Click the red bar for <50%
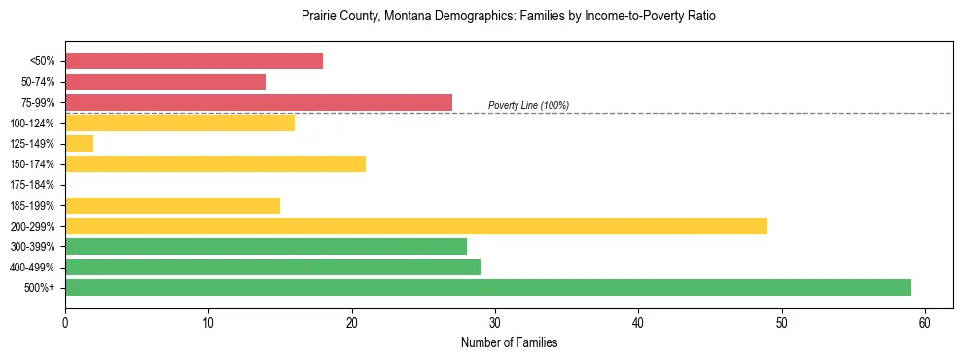[x=194, y=61]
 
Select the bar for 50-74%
[x=165, y=82]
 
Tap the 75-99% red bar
[x=259, y=102]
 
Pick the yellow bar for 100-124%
[x=180, y=123]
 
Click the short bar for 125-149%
[x=80, y=144]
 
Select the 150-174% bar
[x=215, y=164]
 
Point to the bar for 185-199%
[x=172, y=205]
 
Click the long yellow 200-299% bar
[x=416, y=226]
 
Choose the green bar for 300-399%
[x=266, y=246]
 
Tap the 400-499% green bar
[x=272, y=267]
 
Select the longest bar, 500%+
[x=488, y=287]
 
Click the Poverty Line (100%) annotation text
[x=528, y=105]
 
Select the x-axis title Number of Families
[x=509, y=342]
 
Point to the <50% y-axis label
[x=43, y=61]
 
